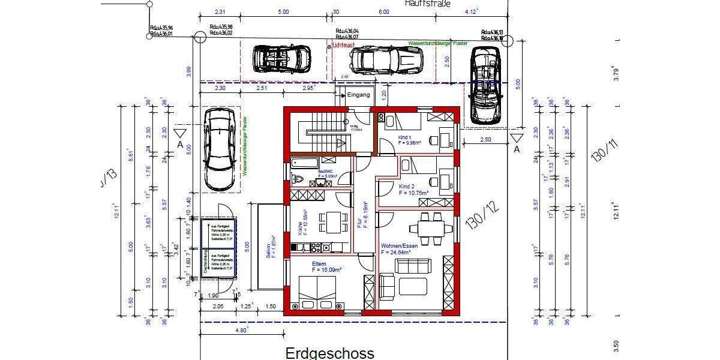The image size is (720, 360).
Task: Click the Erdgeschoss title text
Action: click(x=329, y=353)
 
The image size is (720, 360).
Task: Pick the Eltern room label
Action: click(x=319, y=264)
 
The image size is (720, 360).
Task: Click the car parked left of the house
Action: click(x=217, y=148)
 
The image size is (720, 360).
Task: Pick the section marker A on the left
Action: click(x=179, y=145)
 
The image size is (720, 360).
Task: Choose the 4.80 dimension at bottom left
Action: click(x=241, y=330)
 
